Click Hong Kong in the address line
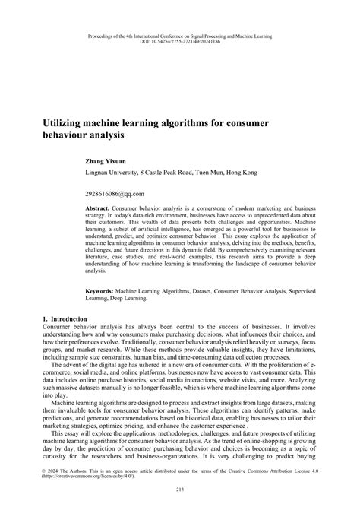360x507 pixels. click(241, 173)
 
